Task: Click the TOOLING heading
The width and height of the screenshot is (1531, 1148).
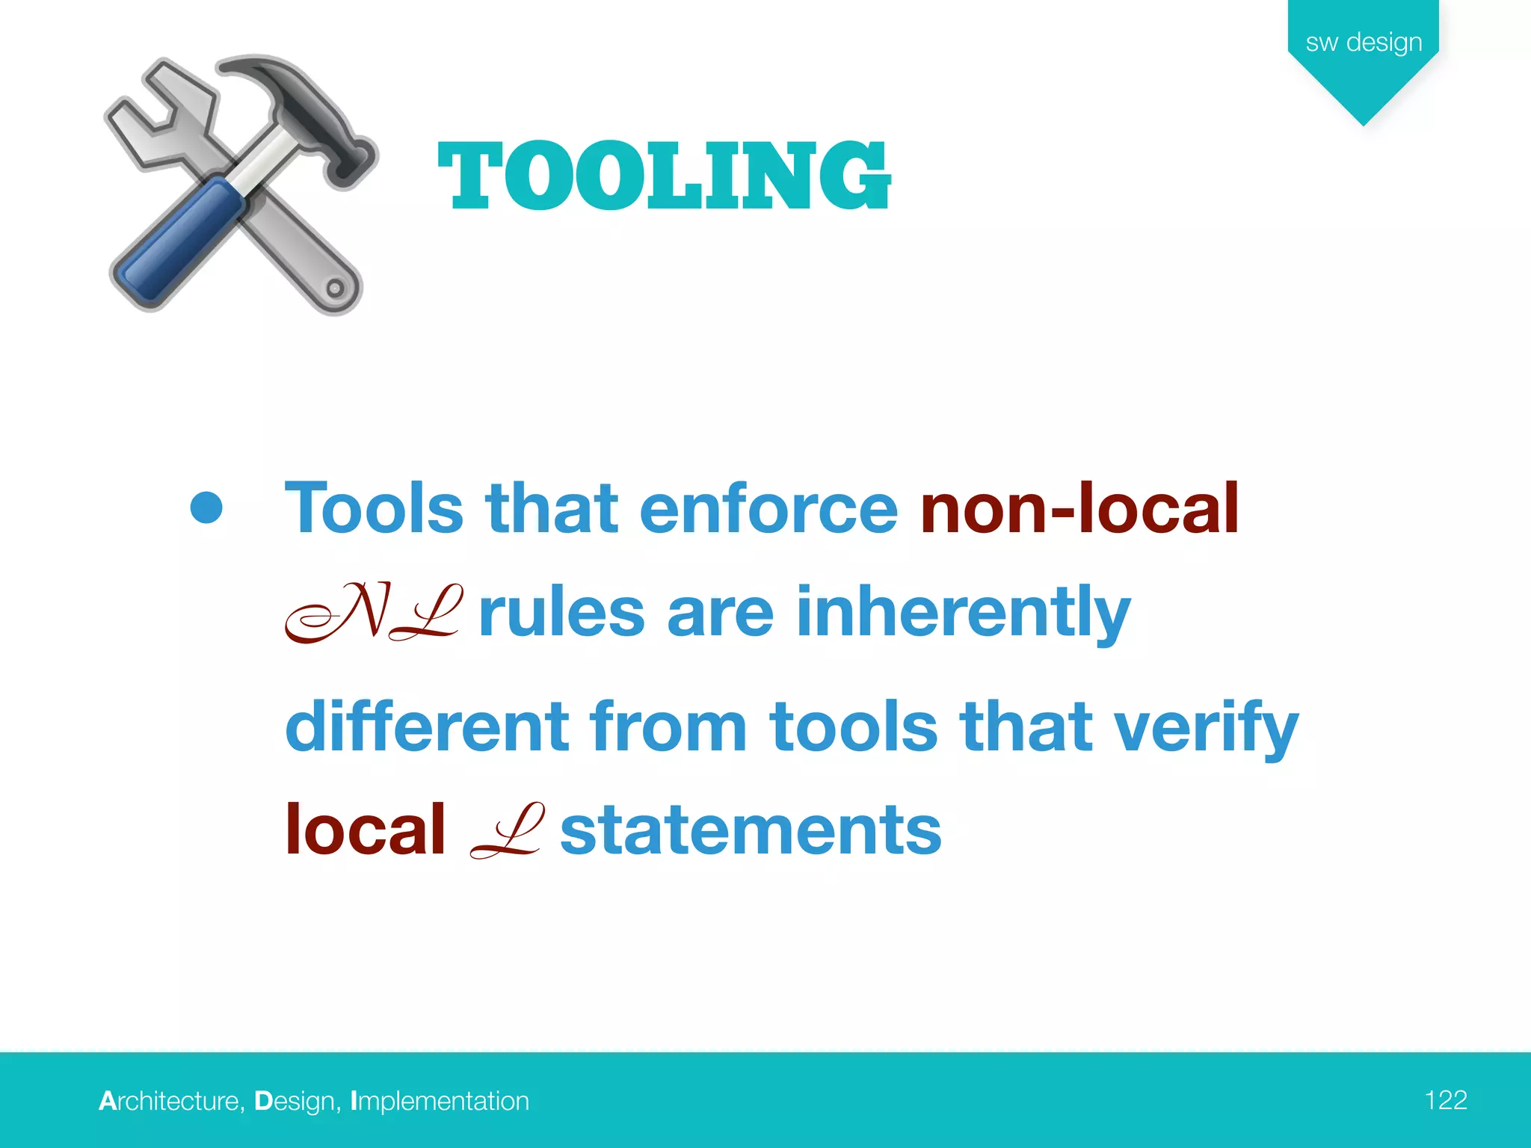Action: [x=664, y=176]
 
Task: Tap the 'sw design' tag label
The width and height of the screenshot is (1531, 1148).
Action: [x=1364, y=42]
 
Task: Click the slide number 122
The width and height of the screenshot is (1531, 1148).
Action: [x=1445, y=1099]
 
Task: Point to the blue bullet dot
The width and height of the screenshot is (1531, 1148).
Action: [x=206, y=507]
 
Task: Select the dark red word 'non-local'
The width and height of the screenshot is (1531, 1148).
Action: [x=1079, y=509]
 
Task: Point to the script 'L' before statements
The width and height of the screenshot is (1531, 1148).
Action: [x=506, y=831]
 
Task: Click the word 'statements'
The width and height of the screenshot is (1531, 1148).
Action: [x=751, y=831]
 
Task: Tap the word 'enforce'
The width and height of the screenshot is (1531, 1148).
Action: [x=768, y=509]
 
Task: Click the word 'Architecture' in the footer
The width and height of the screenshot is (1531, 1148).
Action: [x=169, y=1101]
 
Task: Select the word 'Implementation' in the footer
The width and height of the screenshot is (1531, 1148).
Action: [x=440, y=1101]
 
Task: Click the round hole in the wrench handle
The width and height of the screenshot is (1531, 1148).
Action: [x=335, y=288]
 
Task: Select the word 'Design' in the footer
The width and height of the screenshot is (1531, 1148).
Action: [x=294, y=1101]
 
